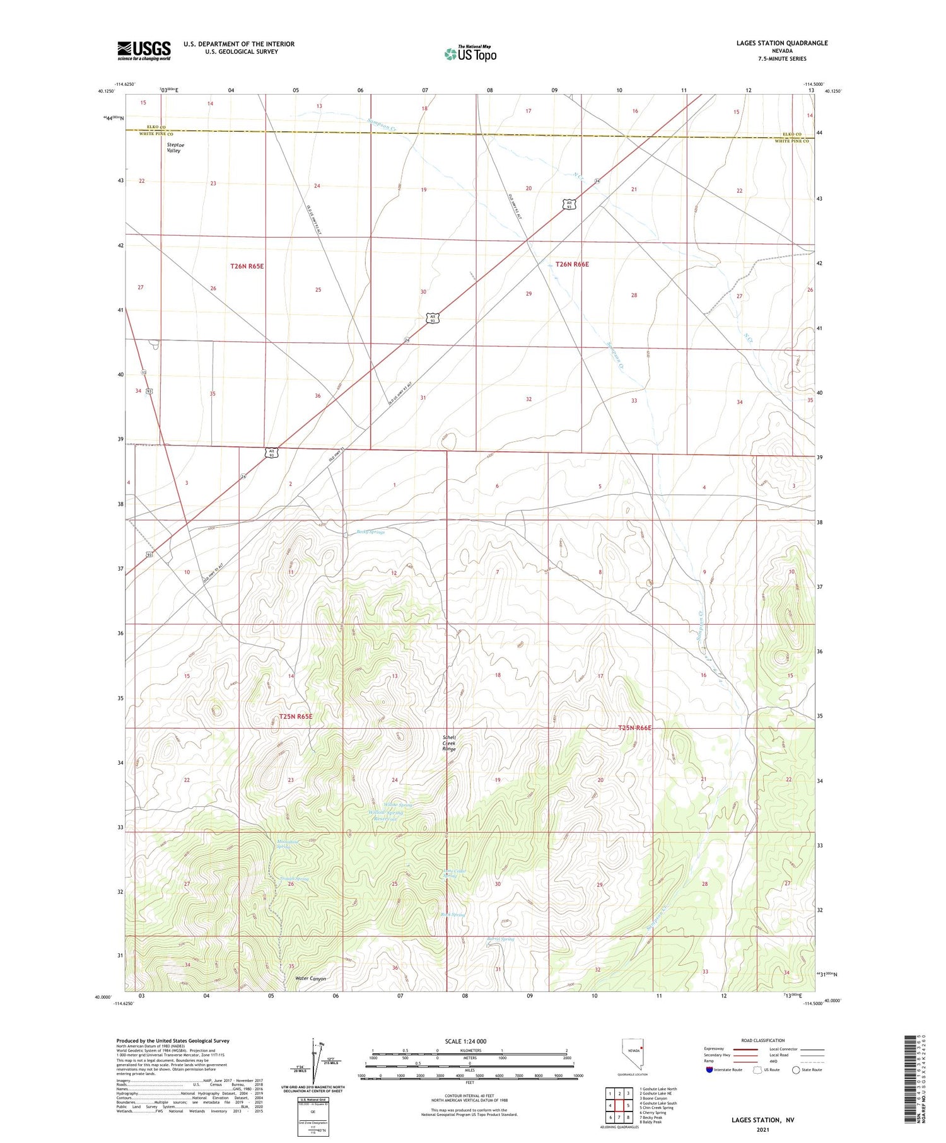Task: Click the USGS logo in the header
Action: (144, 50)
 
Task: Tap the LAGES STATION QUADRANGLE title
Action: (781, 43)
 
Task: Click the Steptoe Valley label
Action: (174, 148)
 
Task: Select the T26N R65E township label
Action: (247, 267)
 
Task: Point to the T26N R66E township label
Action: (572, 265)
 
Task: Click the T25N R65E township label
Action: (296, 717)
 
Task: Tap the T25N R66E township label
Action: (634, 728)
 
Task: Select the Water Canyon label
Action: (311, 978)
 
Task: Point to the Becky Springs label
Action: (370, 532)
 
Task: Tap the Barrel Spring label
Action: (501, 939)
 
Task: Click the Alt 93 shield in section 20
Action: (569, 204)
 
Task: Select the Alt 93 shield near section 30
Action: (431, 318)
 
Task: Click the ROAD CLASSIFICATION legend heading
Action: (763, 1040)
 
